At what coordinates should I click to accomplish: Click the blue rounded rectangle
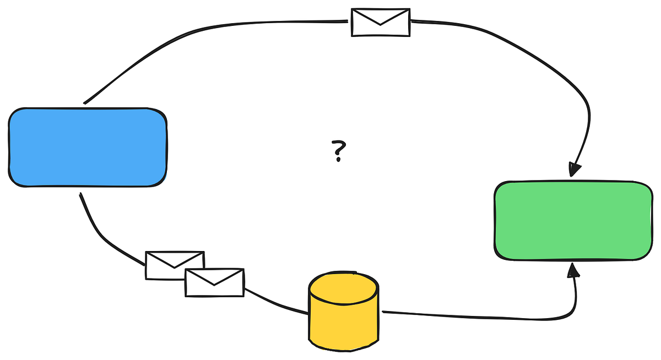[87, 146]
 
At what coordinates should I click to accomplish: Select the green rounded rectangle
[573, 220]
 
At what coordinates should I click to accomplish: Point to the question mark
[338, 150]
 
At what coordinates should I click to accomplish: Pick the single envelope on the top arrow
[381, 22]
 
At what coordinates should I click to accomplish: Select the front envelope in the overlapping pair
[214, 282]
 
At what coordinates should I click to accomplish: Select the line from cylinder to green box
[479, 317]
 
